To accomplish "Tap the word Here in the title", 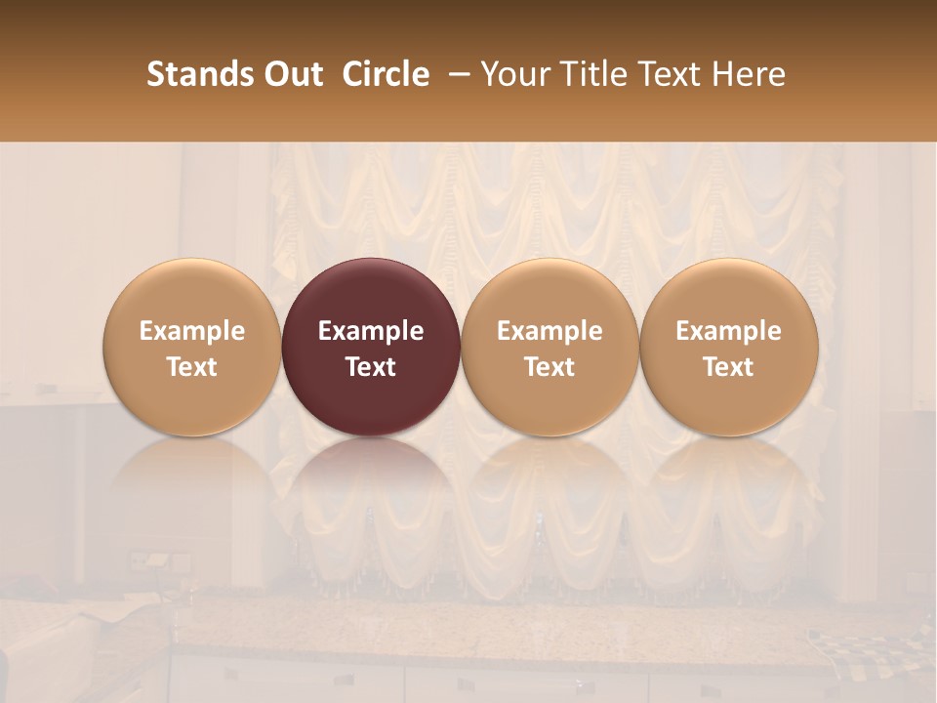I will (x=751, y=74).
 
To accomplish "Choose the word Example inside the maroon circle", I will (x=371, y=331).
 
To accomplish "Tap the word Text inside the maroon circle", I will (x=371, y=367).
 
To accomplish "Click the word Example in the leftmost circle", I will (x=192, y=331).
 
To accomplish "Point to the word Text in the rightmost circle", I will (x=729, y=367).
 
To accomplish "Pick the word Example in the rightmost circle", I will (x=729, y=331).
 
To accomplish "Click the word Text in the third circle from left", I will (x=550, y=367).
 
